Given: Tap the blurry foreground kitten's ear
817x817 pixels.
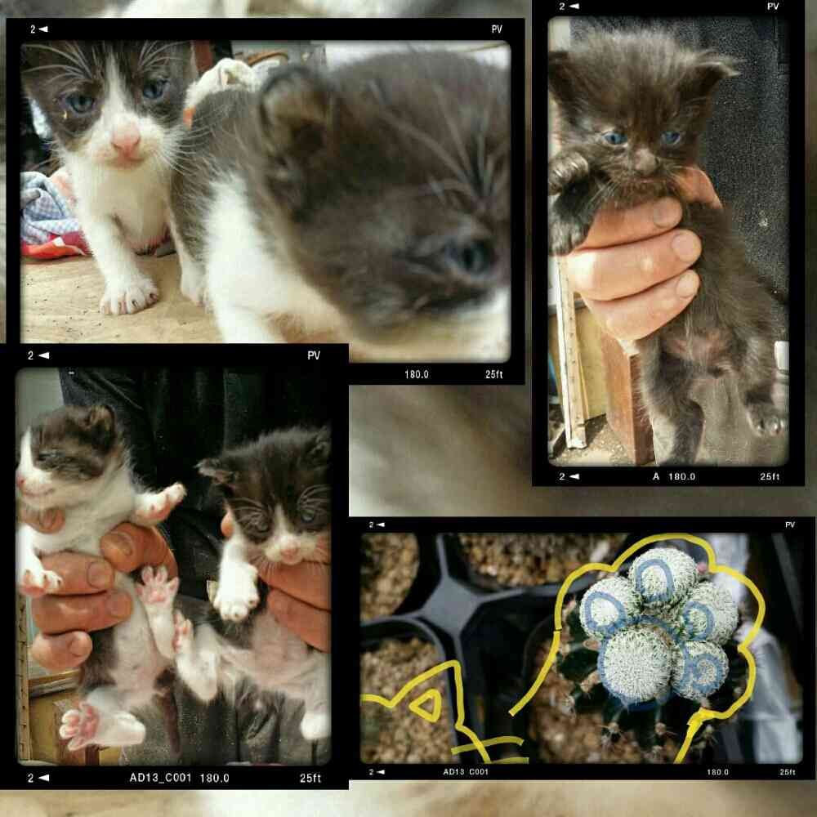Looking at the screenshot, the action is pyautogui.click(x=292, y=107).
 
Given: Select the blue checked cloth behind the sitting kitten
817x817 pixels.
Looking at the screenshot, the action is pyautogui.click(x=47, y=208).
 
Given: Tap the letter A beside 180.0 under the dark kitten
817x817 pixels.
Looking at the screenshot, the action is pyautogui.click(x=656, y=476).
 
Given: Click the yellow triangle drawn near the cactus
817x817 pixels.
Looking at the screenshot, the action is pyautogui.click(x=427, y=705).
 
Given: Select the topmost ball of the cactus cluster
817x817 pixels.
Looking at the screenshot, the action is pyautogui.click(x=663, y=576).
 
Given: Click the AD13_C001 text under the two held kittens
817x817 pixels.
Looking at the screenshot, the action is pyautogui.click(x=160, y=778).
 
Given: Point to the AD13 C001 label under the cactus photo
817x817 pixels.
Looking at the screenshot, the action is pyautogui.click(x=466, y=772).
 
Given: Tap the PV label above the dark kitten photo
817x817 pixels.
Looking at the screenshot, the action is pyautogui.click(x=773, y=7).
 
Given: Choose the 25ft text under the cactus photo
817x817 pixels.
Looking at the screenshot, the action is pyautogui.click(x=788, y=772).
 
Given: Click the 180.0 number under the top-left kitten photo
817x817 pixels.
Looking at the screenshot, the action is pyautogui.click(x=417, y=374).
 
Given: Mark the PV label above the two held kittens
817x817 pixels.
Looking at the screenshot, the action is pyautogui.click(x=314, y=355).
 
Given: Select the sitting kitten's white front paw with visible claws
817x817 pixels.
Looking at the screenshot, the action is pyautogui.click(x=128, y=297).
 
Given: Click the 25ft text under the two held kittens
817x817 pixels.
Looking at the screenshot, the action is pyautogui.click(x=310, y=778).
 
